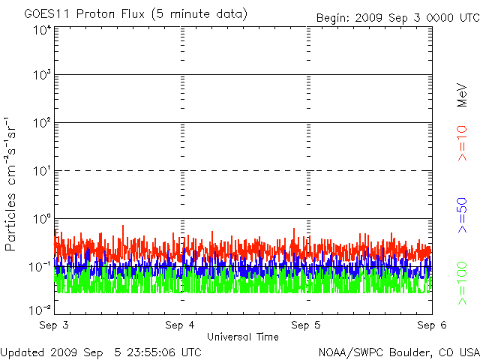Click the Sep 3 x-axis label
[54, 325]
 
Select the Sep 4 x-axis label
[180, 325]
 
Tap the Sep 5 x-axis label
[306, 325]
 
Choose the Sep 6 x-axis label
[432, 325]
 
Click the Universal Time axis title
[243, 337]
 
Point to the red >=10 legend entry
[462, 143]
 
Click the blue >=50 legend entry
[462, 215]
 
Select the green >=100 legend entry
[462, 283]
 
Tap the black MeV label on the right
[462, 95]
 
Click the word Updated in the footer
[22, 352]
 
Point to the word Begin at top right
[333, 18]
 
